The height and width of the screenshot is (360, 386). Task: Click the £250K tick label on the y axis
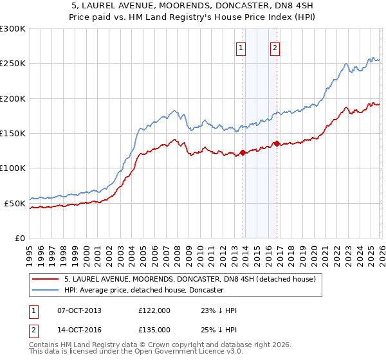coord(12,64)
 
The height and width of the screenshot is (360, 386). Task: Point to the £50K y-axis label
coord(15,203)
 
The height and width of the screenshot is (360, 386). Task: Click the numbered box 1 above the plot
coord(241,47)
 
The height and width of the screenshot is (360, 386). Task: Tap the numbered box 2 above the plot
coord(275,47)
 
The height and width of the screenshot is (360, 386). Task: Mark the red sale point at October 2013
coord(243,153)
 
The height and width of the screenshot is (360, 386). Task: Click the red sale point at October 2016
coord(277,143)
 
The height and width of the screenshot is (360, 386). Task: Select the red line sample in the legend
coord(45,280)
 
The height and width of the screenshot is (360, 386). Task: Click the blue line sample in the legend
coord(45,291)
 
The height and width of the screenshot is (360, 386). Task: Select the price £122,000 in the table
coord(154,310)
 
